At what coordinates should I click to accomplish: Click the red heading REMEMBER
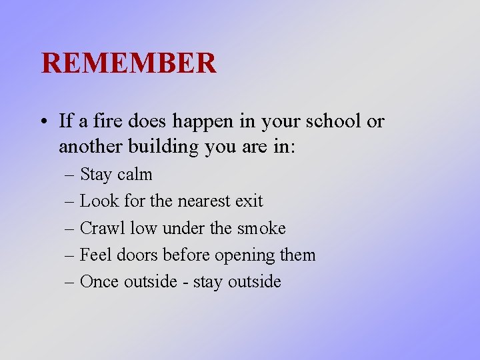coord(129,63)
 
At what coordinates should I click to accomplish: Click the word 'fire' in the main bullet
coord(107,121)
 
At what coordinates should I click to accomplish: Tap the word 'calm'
coord(135,175)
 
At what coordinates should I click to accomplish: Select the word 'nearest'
coord(205,201)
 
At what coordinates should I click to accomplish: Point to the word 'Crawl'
coord(102,228)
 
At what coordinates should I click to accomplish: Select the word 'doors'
coord(136,255)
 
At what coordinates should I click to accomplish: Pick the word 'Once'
coord(98,281)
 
